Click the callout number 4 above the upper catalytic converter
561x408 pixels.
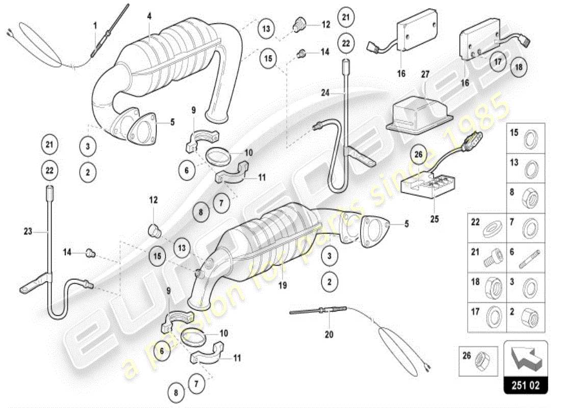149,16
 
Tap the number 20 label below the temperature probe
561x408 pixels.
328,335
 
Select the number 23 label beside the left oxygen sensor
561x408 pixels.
28,231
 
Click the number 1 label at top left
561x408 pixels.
95,24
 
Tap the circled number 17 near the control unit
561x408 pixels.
498,62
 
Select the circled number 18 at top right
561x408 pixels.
519,67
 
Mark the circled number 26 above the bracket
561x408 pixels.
419,153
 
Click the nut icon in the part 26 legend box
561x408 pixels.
480,361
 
